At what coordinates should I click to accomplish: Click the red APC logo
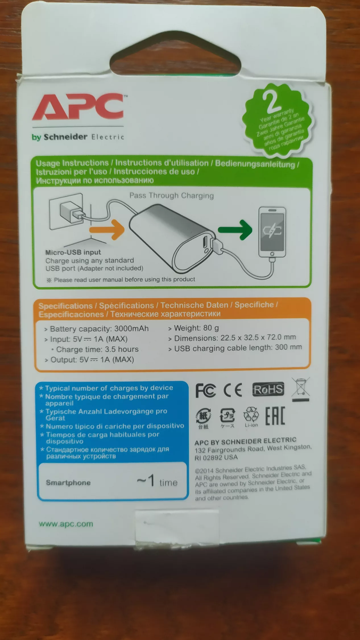(78, 107)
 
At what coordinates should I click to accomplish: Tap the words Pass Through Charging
(171, 196)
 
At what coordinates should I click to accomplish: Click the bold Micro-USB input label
(73, 252)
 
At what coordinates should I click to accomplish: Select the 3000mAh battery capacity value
(131, 329)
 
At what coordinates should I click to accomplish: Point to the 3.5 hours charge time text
(122, 349)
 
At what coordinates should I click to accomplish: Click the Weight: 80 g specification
(196, 328)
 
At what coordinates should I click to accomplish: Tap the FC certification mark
(206, 390)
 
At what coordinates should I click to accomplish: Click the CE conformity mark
(233, 390)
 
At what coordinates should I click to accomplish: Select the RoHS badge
(268, 389)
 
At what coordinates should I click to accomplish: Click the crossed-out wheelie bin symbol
(301, 389)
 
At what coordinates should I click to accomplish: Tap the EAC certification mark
(275, 416)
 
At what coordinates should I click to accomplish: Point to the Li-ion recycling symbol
(251, 417)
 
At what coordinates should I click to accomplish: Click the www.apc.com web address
(66, 524)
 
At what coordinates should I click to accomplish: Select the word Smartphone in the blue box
(68, 482)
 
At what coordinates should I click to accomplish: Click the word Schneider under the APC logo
(65, 137)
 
